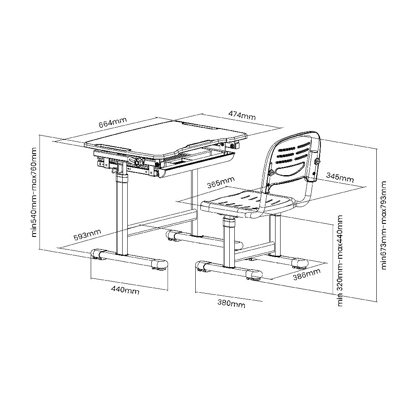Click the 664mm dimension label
[x=113, y=123]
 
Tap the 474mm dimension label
[x=242, y=115]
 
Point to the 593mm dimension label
[x=87, y=235]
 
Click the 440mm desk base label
[x=125, y=290]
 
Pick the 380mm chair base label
[x=231, y=304]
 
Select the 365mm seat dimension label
[x=221, y=183]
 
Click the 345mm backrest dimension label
[x=340, y=177]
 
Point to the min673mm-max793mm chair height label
[x=384, y=225]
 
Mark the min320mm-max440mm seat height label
[x=340, y=261]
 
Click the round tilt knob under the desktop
[x=139, y=162]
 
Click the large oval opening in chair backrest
[x=290, y=169]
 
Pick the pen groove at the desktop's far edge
[x=199, y=125]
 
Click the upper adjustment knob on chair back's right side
[x=318, y=162]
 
